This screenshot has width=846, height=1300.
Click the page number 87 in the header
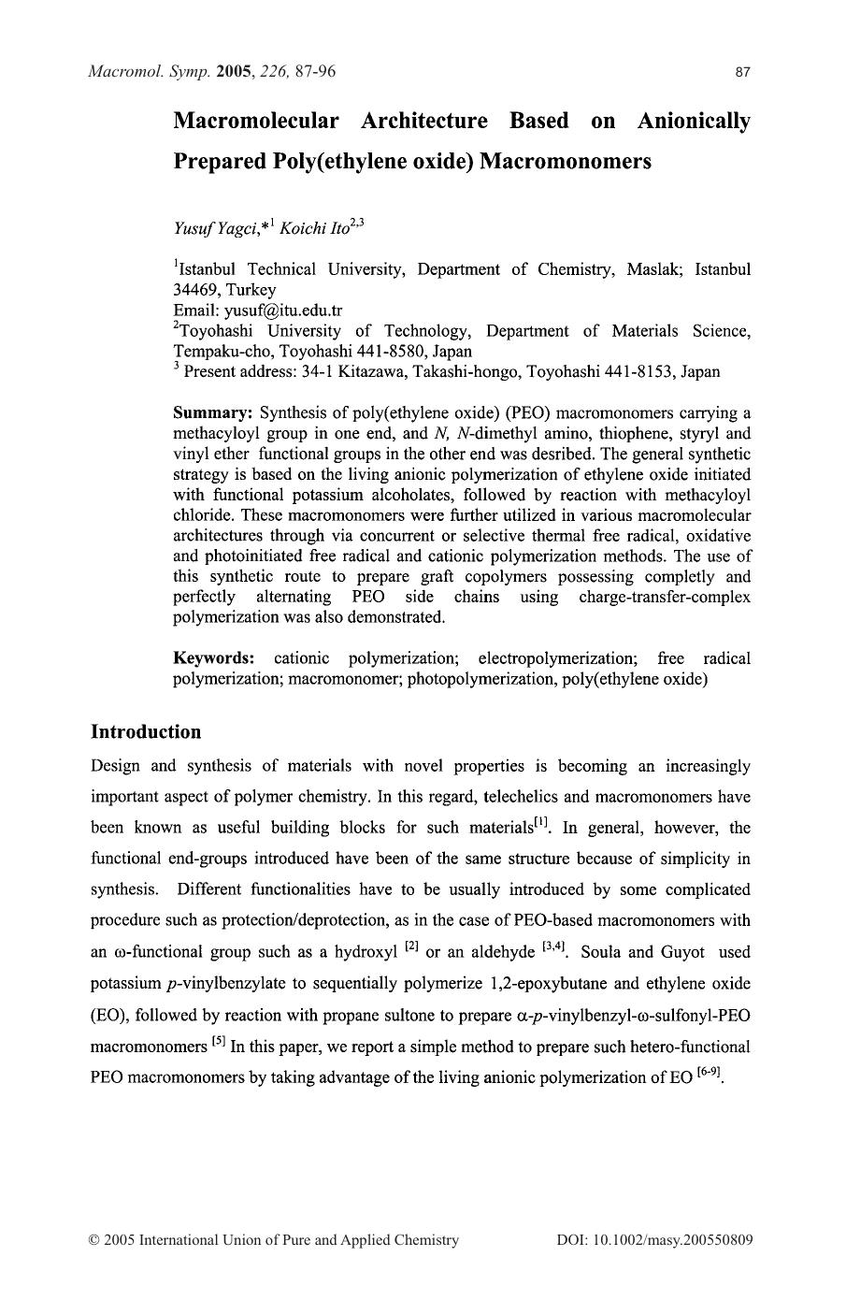(743, 72)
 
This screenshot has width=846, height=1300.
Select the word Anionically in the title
(693, 122)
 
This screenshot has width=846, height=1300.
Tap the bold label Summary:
(213, 413)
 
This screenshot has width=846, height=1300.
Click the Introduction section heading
(146, 732)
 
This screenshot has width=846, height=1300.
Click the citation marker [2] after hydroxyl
(410, 949)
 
